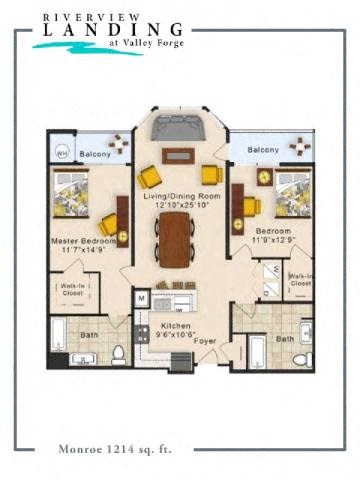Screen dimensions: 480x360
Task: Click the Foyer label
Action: (x=205, y=341)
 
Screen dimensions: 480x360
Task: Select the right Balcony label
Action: (x=262, y=150)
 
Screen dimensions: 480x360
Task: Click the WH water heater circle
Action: (x=61, y=153)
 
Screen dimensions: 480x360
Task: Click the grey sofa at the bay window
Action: (x=180, y=130)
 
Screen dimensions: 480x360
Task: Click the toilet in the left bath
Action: (x=118, y=354)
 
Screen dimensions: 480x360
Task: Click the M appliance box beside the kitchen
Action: (x=141, y=298)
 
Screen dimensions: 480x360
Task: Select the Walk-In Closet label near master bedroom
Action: (x=72, y=290)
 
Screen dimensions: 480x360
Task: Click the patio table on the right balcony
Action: (x=299, y=146)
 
